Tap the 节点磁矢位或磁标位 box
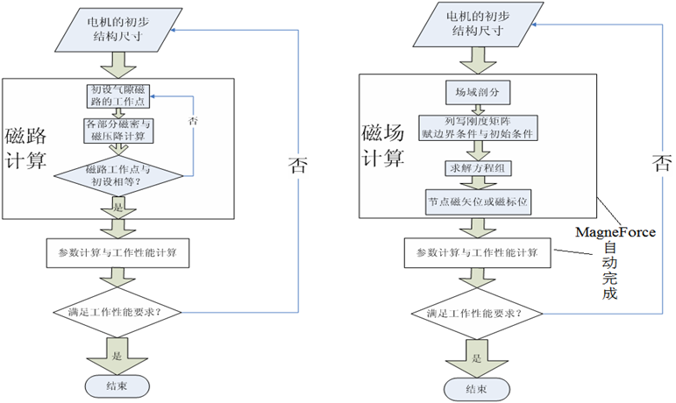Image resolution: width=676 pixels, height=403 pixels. (473, 201)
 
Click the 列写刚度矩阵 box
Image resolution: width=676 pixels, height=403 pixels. (473, 129)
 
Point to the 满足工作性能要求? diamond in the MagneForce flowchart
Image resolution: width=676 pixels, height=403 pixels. (474, 313)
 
